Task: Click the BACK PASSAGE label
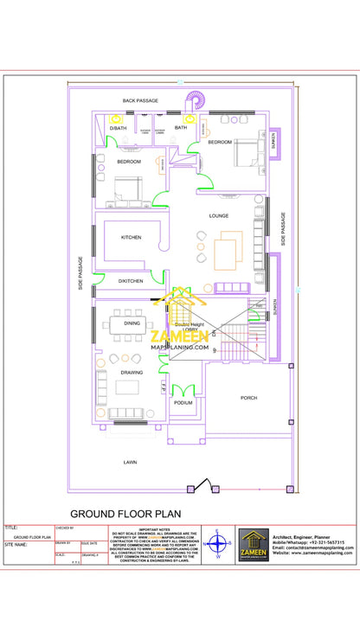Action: (139, 101)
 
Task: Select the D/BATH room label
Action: (116, 128)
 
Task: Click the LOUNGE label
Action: (218, 215)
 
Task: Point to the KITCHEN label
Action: (131, 237)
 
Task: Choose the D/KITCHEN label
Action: (131, 280)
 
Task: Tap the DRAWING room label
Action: (132, 373)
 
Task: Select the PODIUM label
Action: (183, 403)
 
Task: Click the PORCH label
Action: (248, 398)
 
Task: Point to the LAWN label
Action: (131, 463)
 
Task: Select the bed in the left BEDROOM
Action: (121, 188)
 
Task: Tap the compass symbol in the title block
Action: (218, 545)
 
